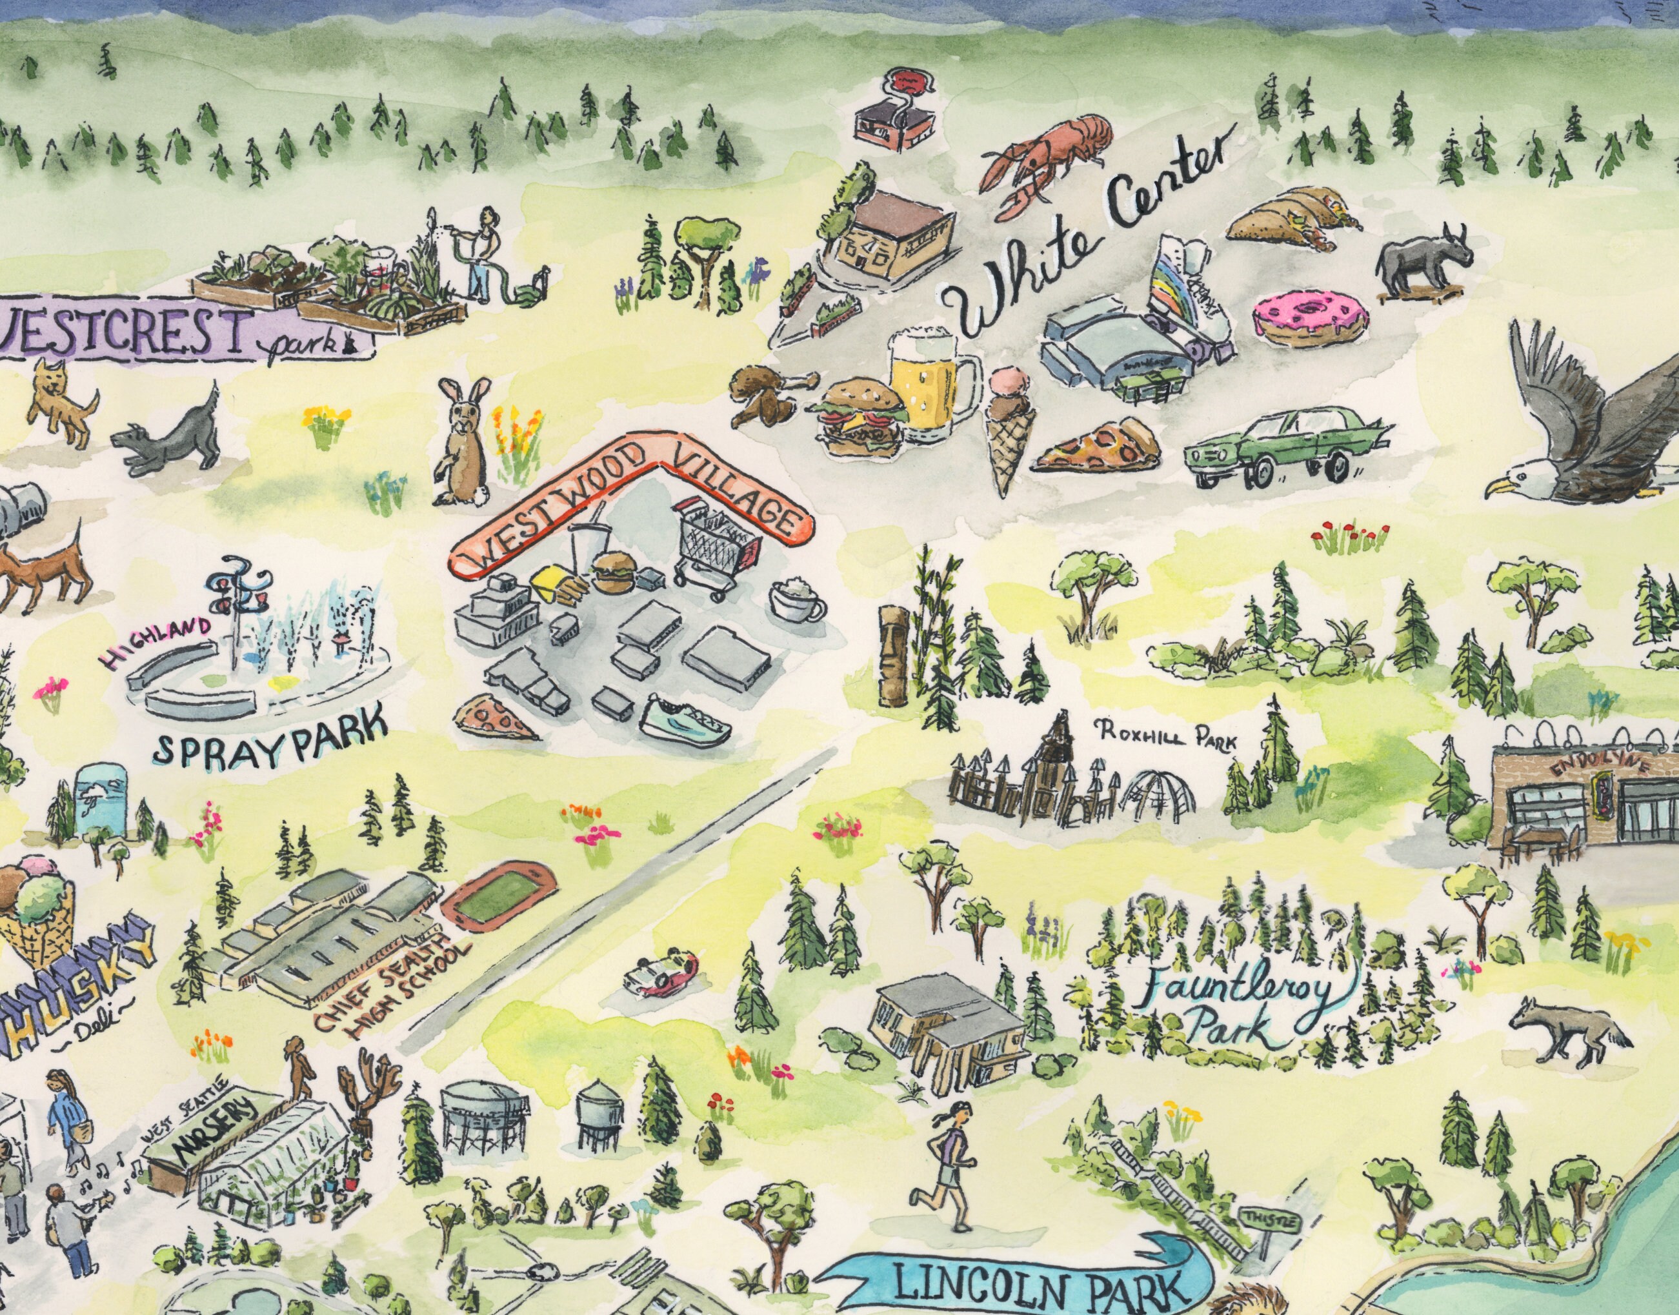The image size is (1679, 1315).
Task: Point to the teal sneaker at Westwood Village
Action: point(686,720)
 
